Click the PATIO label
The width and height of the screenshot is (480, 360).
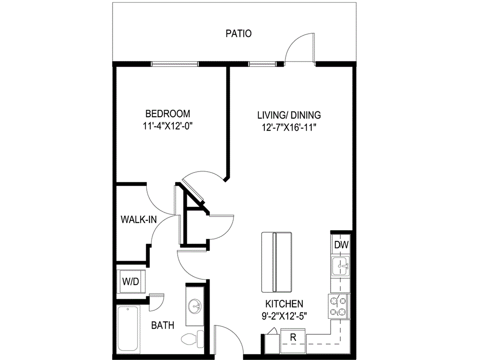pos(239,34)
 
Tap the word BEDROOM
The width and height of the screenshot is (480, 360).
pos(168,113)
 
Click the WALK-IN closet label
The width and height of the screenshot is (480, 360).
pos(138,219)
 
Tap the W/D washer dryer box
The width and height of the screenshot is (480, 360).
pos(130,282)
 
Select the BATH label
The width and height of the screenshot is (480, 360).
pos(163,325)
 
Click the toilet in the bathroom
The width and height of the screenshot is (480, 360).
pos(193,337)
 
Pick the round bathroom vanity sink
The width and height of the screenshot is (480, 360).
pos(195,307)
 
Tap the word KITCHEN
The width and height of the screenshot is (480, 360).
pos(284,304)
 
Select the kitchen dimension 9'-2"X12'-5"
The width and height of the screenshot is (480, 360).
pos(284,315)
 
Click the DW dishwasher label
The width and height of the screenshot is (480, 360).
pos(340,244)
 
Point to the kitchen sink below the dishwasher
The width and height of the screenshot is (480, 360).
pos(340,267)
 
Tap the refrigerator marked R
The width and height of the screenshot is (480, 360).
pos(292,337)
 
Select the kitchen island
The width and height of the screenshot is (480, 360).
pos(276,262)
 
